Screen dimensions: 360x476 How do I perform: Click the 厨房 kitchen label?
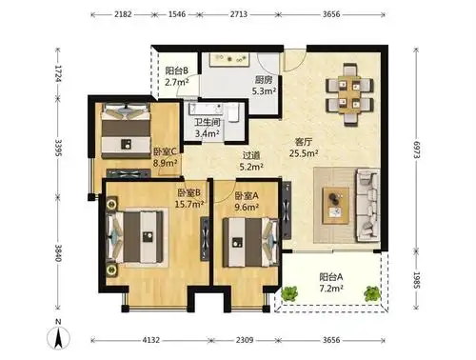[264, 80]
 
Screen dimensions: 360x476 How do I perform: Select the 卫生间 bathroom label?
[208, 122]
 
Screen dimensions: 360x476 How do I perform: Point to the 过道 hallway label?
[250, 154]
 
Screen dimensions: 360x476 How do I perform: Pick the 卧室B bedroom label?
[187, 191]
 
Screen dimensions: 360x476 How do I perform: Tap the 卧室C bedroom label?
[164, 150]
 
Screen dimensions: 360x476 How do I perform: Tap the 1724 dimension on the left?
[58, 71]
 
